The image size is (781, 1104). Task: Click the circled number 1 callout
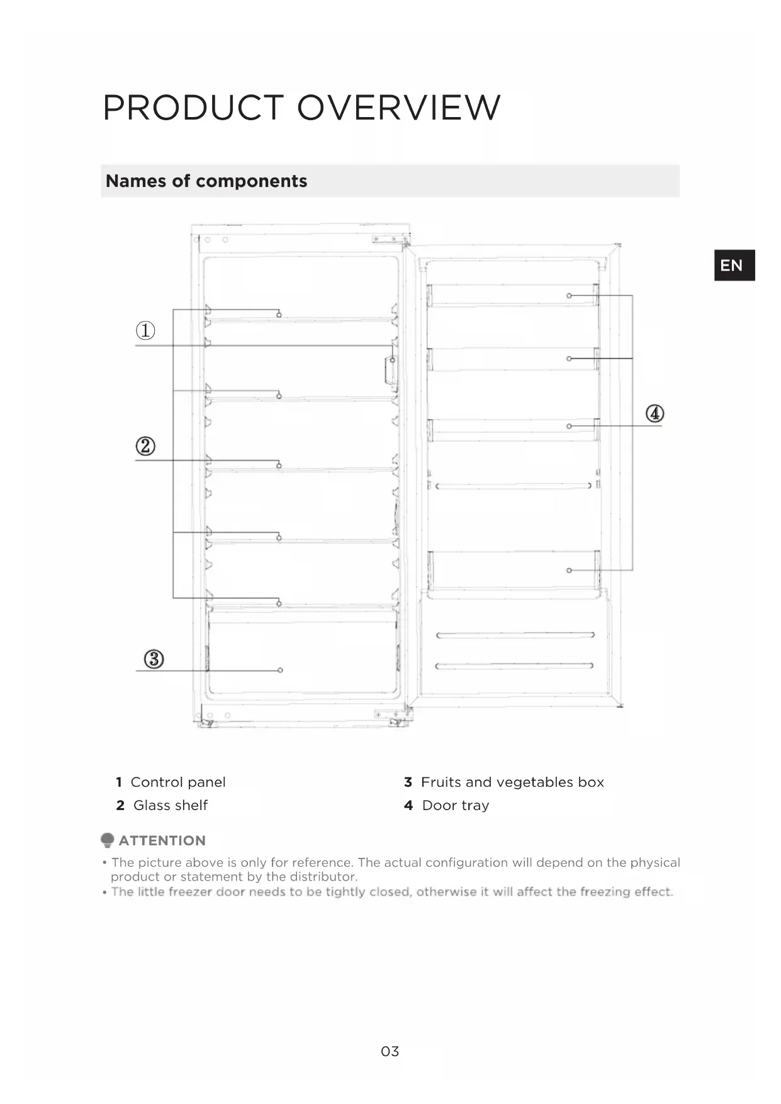click(x=145, y=330)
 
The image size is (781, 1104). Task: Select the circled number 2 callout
click(x=145, y=446)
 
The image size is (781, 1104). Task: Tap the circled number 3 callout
click(x=154, y=659)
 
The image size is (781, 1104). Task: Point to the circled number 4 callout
click(x=655, y=414)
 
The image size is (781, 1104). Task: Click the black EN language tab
click(x=734, y=265)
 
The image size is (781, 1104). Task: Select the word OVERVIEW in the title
click(x=398, y=108)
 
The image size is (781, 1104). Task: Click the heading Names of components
click(x=206, y=181)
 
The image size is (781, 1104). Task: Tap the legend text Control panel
click(x=177, y=782)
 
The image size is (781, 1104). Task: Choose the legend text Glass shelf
click(x=170, y=806)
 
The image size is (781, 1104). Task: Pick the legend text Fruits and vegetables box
click(x=512, y=782)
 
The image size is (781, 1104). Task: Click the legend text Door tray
click(x=455, y=806)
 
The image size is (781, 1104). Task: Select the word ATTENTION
click(x=162, y=841)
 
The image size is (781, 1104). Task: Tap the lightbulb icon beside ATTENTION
click(x=108, y=840)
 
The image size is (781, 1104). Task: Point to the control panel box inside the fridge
click(x=391, y=369)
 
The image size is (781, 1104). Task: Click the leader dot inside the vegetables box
click(x=281, y=670)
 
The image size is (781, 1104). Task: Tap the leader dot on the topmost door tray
click(x=569, y=295)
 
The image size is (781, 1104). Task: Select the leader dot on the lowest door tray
click(x=569, y=570)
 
